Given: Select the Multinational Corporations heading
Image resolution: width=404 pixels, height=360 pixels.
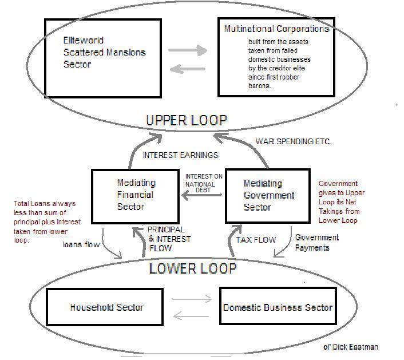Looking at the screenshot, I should (x=276, y=29).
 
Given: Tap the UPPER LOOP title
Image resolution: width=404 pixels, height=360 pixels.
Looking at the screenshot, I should (x=187, y=120).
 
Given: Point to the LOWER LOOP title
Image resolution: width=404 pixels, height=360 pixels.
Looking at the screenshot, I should (x=193, y=268).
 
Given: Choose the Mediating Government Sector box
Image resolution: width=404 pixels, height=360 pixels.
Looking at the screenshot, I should (x=268, y=195).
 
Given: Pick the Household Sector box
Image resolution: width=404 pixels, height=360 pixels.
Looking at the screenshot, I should (x=106, y=307).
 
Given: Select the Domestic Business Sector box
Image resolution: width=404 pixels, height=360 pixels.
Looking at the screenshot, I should (x=278, y=307).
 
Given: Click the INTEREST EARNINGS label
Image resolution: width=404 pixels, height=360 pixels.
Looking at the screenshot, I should (x=180, y=155).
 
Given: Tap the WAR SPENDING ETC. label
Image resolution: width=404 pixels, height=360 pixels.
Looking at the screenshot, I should (x=294, y=141).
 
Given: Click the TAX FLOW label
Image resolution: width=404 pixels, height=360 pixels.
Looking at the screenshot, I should (x=256, y=240).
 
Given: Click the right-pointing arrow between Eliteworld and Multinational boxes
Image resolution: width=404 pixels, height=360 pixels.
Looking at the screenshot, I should (x=187, y=50).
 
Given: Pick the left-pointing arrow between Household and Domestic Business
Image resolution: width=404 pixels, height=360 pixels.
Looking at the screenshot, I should (x=187, y=314).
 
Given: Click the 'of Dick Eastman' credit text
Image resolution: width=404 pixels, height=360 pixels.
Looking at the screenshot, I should (x=351, y=347).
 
